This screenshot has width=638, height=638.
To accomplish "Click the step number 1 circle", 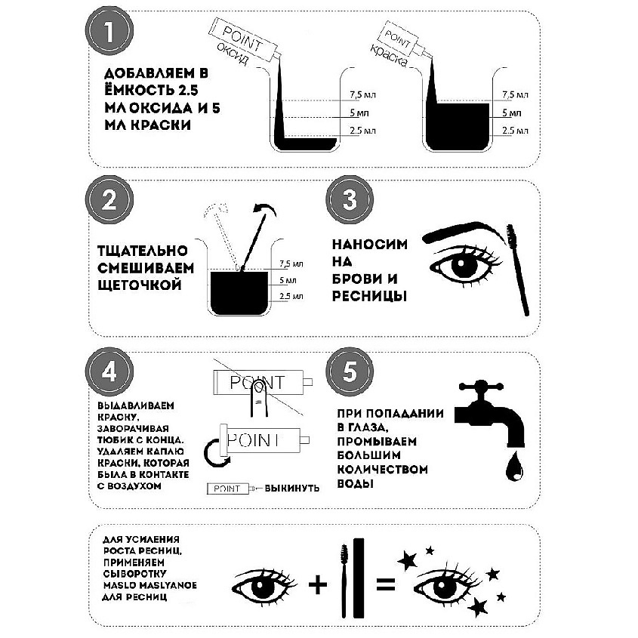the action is pyautogui.click(x=109, y=31).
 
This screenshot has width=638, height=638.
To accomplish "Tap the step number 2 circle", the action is pyautogui.click(x=109, y=200).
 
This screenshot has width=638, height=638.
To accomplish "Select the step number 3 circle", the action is pyautogui.click(x=350, y=200).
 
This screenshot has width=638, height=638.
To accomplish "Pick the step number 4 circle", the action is pyautogui.click(x=109, y=371).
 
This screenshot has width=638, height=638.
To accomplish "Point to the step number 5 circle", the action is pyautogui.click(x=350, y=371).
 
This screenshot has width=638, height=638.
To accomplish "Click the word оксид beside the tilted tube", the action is pyautogui.click(x=232, y=54).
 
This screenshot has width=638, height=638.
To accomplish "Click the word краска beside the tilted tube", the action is pyautogui.click(x=388, y=56).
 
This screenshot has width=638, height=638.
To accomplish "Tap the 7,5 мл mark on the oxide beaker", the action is pyautogui.click(x=362, y=95).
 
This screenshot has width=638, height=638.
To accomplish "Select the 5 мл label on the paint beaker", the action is pyautogui.click(x=511, y=112).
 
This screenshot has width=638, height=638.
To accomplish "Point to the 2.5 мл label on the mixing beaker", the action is pyautogui.click(x=291, y=296).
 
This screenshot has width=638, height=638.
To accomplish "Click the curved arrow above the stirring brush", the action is pyautogui.click(x=264, y=208).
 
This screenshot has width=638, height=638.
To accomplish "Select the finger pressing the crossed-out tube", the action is pyautogui.click(x=258, y=399).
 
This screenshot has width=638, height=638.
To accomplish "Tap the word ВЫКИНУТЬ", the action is pyautogui.click(x=291, y=488).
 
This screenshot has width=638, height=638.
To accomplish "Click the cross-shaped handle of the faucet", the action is pyautogui.click(x=481, y=387).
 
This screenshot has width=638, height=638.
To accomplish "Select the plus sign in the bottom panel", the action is pyautogui.click(x=318, y=584).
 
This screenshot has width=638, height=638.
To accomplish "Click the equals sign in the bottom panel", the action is pyautogui.click(x=385, y=584).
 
